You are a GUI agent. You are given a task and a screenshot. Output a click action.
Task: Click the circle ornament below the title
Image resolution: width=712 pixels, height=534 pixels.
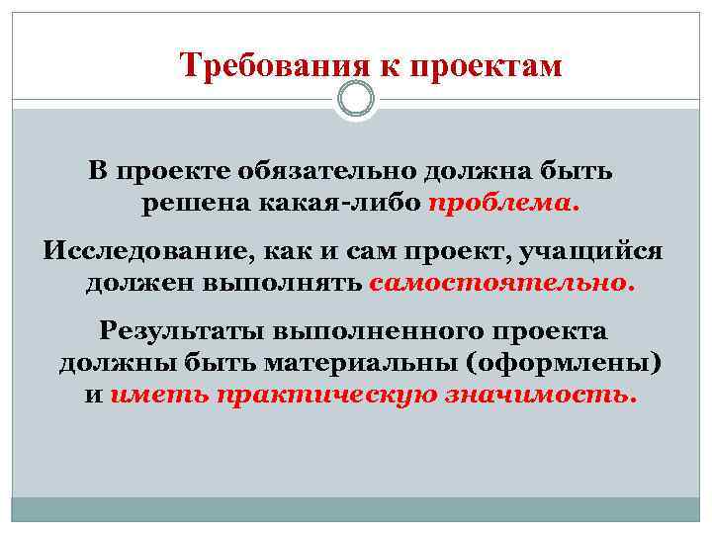(x=356, y=100)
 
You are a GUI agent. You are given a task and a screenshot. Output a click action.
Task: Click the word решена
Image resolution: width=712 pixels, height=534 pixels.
(x=192, y=205)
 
